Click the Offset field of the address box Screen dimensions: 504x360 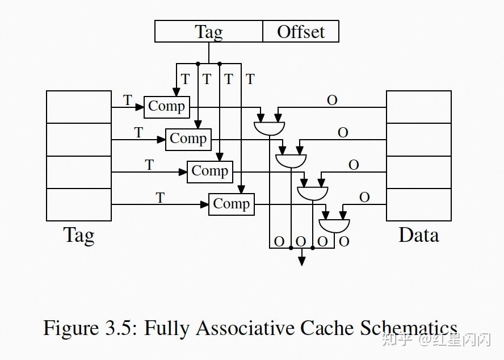[301, 31]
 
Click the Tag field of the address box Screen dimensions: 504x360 [209, 31]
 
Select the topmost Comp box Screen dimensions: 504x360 [166, 107]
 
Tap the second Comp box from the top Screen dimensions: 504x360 [188, 140]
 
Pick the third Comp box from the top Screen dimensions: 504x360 [210, 172]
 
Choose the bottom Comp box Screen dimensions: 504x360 [232, 204]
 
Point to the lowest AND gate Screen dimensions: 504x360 [334, 226]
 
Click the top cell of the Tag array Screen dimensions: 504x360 [79, 107]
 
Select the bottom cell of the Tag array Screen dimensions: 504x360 [79, 204]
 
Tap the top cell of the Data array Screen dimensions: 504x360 [418, 107]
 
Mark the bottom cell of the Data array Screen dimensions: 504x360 [418, 204]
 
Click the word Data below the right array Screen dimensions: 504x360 [418, 235]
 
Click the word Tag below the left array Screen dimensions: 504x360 [79, 236]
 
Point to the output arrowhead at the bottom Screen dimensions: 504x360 [301, 261]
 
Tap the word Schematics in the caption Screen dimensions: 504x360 [408, 328]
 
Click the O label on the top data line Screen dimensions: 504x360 [332, 101]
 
